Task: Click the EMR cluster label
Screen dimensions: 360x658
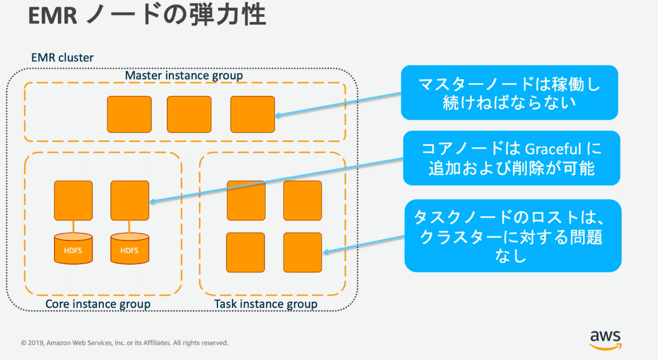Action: pyautogui.click(x=63, y=58)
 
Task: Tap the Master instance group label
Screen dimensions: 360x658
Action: pyautogui.click(x=184, y=75)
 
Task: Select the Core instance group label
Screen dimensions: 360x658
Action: pyautogui.click(x=98, y=304)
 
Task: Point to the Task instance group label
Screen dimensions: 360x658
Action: pyautogui.click(x=266, y=304)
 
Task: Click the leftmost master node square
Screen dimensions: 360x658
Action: pyautogui.click(x=129, y=114)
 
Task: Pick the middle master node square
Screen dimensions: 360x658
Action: pyautogui.click(x=189, y=114)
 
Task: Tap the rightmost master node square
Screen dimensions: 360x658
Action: pyautogui.click(x=252, y=114)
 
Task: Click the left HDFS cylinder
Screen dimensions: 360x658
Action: pyautogui.click(x=73, y=249)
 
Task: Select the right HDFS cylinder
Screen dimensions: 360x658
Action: pyautogui.click(x=129, y=249)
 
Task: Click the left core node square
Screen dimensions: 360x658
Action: pyautogui.click(x=73, y=200)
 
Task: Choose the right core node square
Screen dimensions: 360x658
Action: pyautogui.click(x=130, y=200)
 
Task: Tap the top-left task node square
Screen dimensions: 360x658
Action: pyautogui.click(x=246, y=200)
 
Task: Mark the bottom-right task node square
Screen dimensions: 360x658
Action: pyautogui.click(x=303, y=252)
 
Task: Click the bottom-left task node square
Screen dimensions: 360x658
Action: pyautogui.click(x=246, y=252)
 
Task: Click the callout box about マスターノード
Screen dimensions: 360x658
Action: pyautogui.click(x=509, y=93)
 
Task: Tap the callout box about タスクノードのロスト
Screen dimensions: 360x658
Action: pyautogui.click(x=513, y=235)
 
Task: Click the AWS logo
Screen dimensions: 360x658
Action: pyautogui.click(x=605, y=339)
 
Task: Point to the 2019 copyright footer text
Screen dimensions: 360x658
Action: pyautogui.click(x=125, y=343)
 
